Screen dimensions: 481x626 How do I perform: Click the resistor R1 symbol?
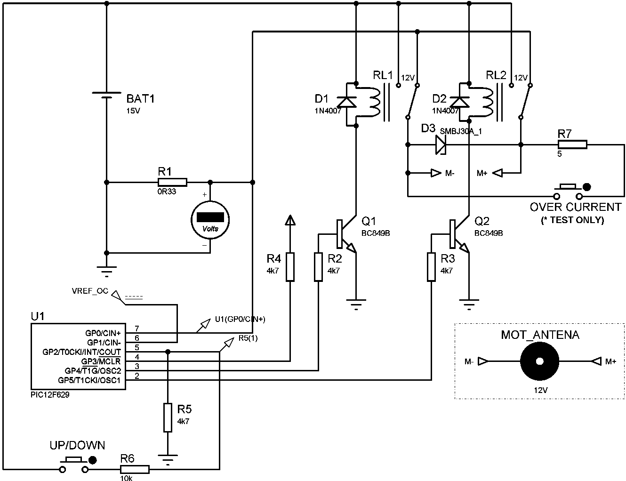pyautogui.click(x=172, y=182)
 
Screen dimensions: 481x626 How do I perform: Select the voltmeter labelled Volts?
pyautogui.click(x=210, y=220)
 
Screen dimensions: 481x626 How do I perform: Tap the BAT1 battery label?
pyautogui.click(x=140, y=99)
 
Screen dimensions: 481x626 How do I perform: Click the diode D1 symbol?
pyautogui.click(x=347, y=101)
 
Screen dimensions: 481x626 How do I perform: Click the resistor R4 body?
pyautogui.click(x=290, y=267)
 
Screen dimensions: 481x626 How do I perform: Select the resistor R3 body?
pyautogui.click(x=431, y=267)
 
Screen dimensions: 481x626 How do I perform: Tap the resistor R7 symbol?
pyautogui.click(x=572, y=144)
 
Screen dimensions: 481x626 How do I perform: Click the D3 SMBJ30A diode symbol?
pyautogui.click(x=441, y=144)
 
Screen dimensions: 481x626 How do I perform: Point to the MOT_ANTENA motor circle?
pyautogui.click(x=539, y=361)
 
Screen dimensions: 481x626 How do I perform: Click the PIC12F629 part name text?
pyautogui.click(x=50, y=395)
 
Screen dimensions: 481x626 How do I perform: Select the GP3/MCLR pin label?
pyautogui.click(x=101, y=361)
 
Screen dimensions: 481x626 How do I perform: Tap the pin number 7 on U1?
pyautogui.click(x=136, y=329)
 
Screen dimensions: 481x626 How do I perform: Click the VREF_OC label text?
pyautogui.click(x=90, y=291)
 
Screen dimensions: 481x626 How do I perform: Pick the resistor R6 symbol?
pyautogui.click(x=135, y=469)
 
